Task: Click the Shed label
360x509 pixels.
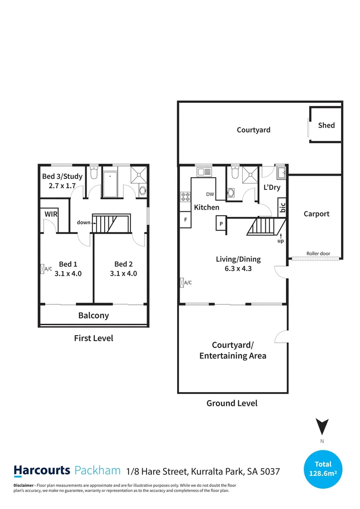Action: (x=326, y=125)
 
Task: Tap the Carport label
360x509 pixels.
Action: (x=316, y=213)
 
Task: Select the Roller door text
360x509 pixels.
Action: (x=318, y=254)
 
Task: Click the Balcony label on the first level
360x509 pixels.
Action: (x=93, y=315)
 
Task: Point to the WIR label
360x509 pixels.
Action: (x=50, y=214)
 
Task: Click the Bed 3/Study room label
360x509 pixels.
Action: (x=62, y=176)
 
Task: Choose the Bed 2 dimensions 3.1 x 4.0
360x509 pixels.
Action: (x=123, y=273)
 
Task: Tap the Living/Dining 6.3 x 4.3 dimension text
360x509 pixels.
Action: (x=238, y=268)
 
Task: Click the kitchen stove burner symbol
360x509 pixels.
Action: (x=185, y=197)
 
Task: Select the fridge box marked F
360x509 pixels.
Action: (x=185, y=220)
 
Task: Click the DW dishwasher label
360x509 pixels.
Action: (x=210, y=195)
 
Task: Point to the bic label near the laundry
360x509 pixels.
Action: (x=283, y=208)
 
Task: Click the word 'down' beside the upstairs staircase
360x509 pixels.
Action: (x=83, y=222)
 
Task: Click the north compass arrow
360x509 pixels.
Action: (x=322, y=427)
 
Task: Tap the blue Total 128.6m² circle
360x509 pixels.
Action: (x=323, y=468)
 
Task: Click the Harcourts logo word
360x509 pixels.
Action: (x=41, y=470)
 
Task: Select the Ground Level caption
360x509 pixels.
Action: (x=232, y=403)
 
